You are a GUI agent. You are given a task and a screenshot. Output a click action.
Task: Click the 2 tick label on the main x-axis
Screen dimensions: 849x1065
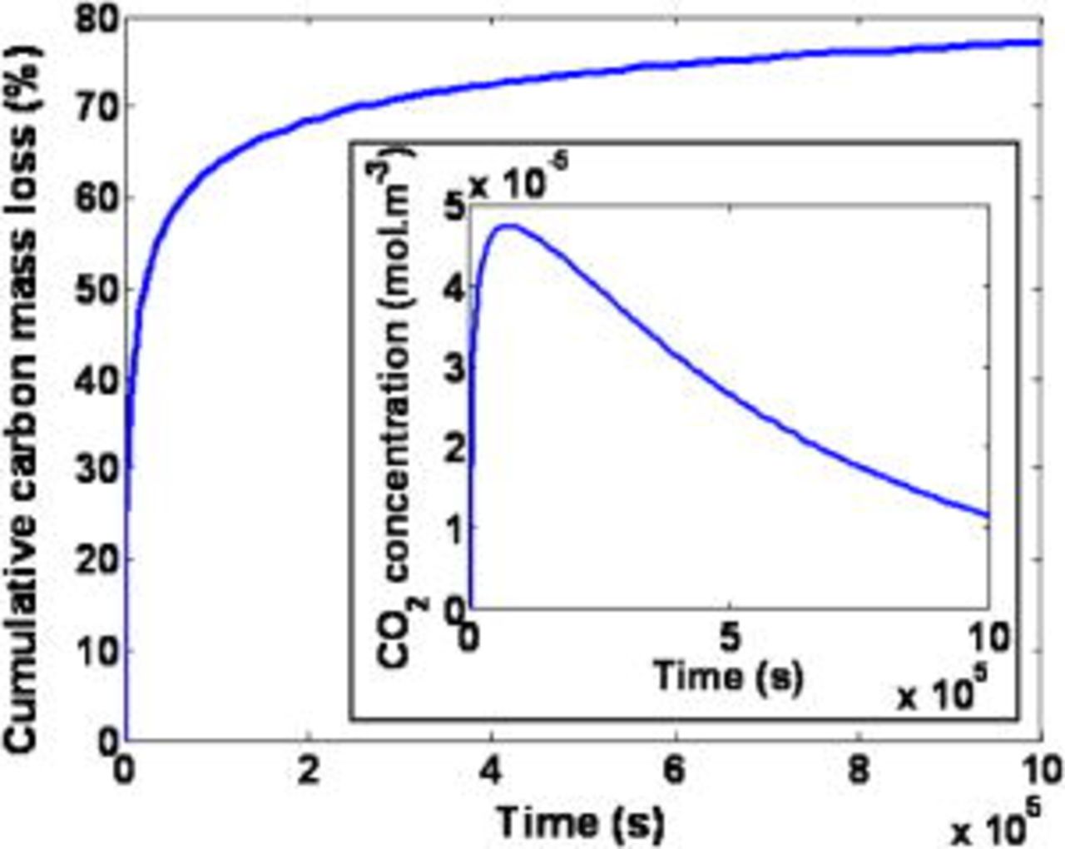coord(309,771)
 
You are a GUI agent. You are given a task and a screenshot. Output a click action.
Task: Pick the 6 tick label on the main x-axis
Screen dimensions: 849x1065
coord(676,771)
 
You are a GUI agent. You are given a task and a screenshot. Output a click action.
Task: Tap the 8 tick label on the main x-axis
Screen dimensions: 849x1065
coord(859,771)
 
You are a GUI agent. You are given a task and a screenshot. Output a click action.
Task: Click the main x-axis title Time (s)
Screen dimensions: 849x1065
coord(582,822)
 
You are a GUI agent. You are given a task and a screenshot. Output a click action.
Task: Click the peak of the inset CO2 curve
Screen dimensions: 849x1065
coord(509,225)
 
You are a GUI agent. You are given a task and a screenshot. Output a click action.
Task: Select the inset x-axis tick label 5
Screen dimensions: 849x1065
coord(730,638)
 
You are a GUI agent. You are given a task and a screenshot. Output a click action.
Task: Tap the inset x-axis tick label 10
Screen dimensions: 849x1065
coord(988,638)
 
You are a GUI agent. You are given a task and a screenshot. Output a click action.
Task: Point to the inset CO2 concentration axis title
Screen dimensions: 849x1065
coord(394,408)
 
